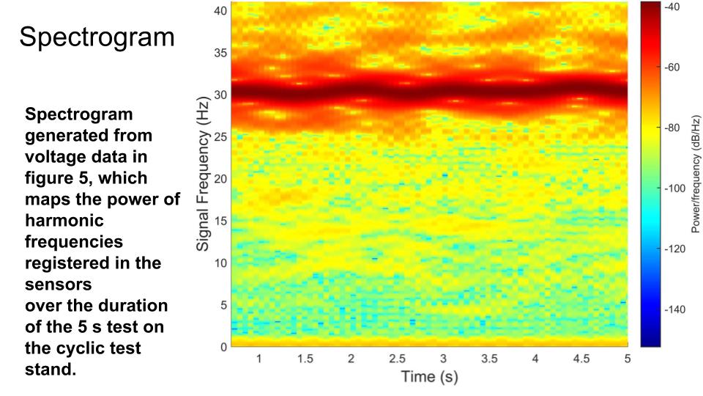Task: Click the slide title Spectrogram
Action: pyautogui.click(x=97, y=37)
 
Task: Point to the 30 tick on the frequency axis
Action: pyautogui.click(x=220, y=95)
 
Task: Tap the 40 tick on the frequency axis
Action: pyautogui.click(x=220, y=11)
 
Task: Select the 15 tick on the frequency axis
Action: pyautogui.click(x=220, y=221)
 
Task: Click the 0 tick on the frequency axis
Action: pyautogui.click(x=223, y=347)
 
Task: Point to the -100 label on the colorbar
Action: pyautogui.click(x=674, y=188)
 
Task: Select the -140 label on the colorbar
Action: pyautogui.click(x=674, y=309)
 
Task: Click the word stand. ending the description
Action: pyautogui.click(x=51, y=369)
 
